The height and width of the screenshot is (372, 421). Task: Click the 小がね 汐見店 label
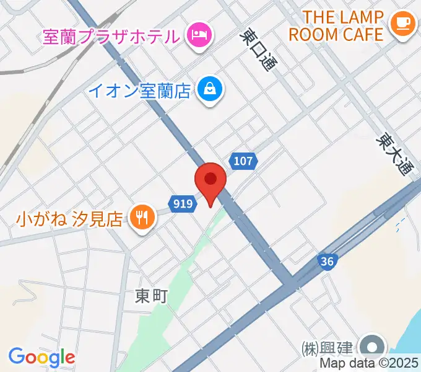(70, 218)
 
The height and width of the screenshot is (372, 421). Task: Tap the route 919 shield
(182, 203)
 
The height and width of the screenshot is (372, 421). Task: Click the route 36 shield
(328, 262)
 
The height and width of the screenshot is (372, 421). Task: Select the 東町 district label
(151, 297)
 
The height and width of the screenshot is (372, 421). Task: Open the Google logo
(41, 357)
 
